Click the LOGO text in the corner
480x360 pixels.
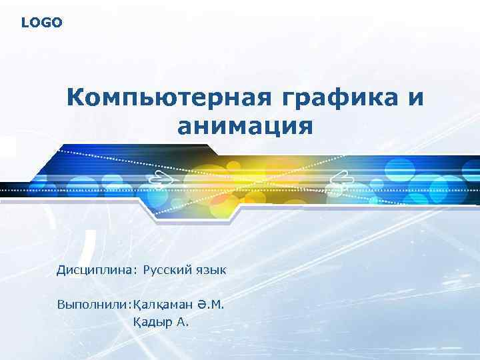[41, 23]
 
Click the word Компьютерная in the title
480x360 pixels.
[168, 98]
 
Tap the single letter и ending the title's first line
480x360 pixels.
[414, 99]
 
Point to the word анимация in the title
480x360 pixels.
[245, 125]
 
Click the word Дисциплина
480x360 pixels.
[95, 271]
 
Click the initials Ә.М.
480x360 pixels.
[211, 305]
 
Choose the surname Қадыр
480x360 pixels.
[153, 323]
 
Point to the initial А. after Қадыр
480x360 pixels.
[183, 323]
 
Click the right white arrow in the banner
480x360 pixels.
[340, 177]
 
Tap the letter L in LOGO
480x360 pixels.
[25, 23]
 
